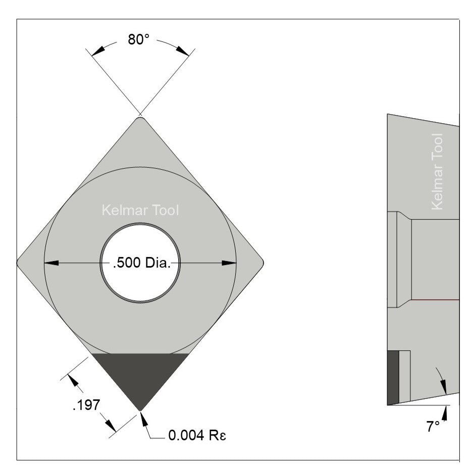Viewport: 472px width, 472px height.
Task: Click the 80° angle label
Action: click(x=139, y=40)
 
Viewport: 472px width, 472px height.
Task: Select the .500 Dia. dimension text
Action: click(x=140, y=263)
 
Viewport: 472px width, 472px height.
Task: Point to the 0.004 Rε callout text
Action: click(x=196, y=435)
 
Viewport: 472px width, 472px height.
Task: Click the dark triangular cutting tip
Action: click(x=140, y=376)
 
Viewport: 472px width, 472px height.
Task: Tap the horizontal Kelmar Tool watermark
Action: click(x=140, y=211)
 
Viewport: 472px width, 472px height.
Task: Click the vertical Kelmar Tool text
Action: click(x=437, y=171)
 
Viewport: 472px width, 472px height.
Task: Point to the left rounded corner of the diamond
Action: click(x=20, y=262)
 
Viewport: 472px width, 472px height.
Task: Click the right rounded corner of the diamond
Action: click(x=260, y=262)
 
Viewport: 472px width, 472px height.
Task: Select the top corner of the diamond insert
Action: click(x=140, y=120)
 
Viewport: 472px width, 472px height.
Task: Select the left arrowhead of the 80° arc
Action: click(x=97, y=49)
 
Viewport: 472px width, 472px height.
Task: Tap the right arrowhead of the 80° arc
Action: click(x=183, y=49)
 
